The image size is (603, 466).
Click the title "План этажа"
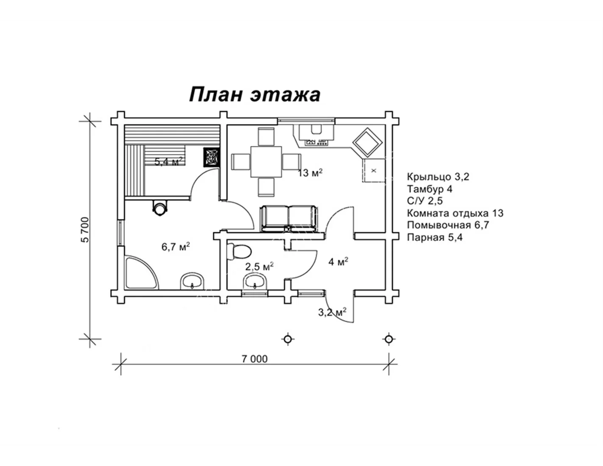[x=254, y=94]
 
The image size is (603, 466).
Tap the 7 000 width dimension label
[x=254, y=359]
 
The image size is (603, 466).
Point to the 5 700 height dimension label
[x=86, y=230]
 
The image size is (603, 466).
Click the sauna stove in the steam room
[x=212, y=157]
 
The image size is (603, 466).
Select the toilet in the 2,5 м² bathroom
[x=239, y=252]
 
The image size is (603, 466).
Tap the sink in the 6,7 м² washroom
[x=192, y=281]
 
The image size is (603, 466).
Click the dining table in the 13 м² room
[x=266, y=162]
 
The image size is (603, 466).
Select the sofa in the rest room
[x=289, y=219]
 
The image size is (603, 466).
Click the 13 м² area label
[x=310, y=173]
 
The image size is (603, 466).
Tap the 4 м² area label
[x=338, y=261]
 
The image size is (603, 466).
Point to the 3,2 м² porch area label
[x=332, y=312]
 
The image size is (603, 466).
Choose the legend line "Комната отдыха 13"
[x=455, y=213]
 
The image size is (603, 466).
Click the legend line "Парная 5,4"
[x=435, y=238]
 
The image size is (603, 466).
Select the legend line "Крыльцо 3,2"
[x=438, y=177]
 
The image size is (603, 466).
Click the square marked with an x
[x=374, y=170]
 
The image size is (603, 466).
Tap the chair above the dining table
[x=266, y=136]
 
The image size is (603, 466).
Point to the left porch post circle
[x=288, y=339]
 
